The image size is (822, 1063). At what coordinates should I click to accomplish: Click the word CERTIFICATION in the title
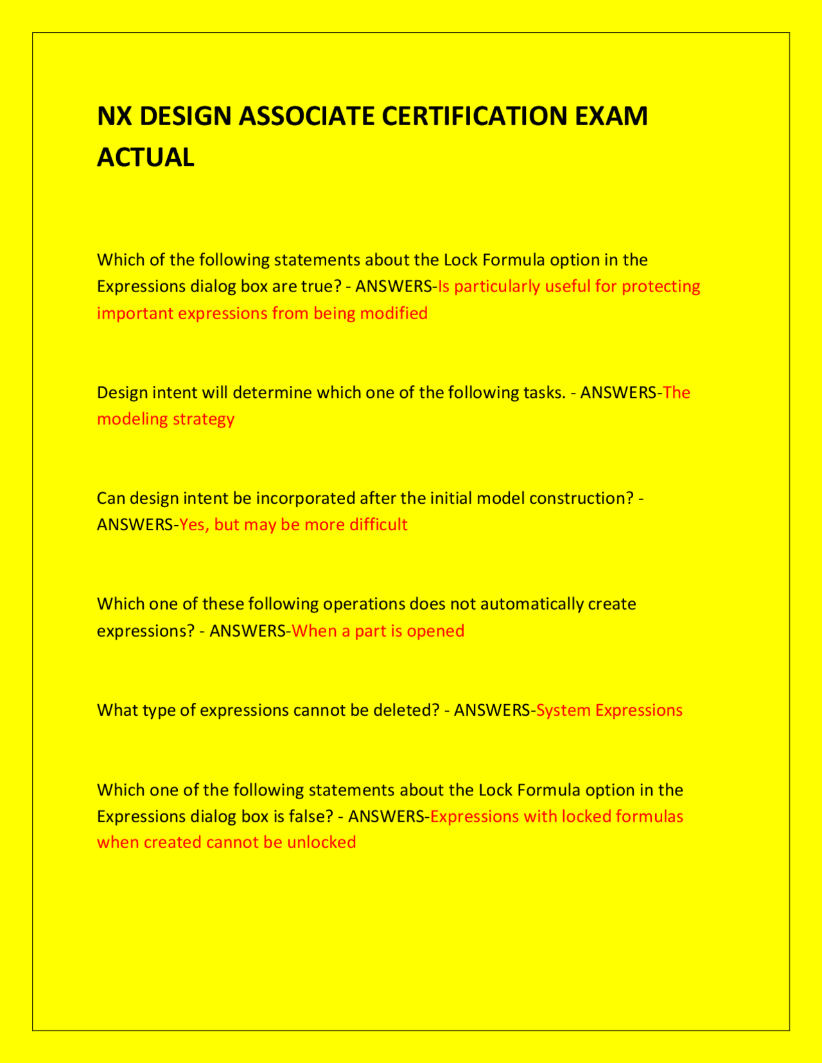(x=473, y=117)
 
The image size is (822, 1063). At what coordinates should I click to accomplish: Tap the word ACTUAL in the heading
(x=145, y=158)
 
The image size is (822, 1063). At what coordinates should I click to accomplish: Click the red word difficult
(x=378, y=525)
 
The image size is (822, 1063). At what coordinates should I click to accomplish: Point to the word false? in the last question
(x=311, y=817)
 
